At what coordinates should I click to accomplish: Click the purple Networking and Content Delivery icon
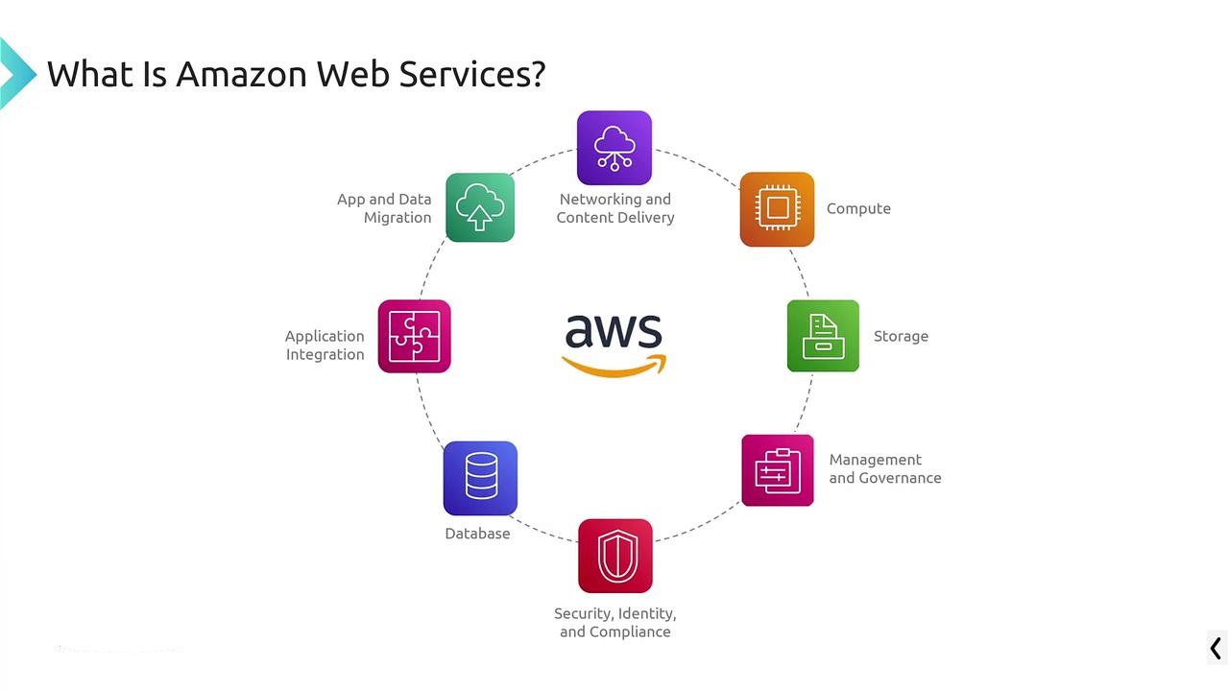tap(614, 148)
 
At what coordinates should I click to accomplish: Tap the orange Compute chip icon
tap(777, 209)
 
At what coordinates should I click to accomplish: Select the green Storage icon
tap(823, 336)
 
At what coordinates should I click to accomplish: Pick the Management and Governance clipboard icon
tap(778, 470)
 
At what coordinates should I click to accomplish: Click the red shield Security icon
tap(615, 556)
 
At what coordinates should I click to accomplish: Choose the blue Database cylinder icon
tap(480, 478)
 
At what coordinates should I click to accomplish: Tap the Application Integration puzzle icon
tap(414, 336)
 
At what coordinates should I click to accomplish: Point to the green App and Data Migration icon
tap(480, 207)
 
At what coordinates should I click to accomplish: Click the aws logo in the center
tap(614, 344)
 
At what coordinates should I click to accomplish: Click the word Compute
tap(858, 209)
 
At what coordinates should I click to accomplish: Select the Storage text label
tap(901, 337)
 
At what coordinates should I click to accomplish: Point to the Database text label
tap(477, 534)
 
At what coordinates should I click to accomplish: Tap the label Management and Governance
tap(884, 469)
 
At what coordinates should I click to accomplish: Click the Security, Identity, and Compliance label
tap(615, 623)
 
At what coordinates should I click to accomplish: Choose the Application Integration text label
tap(325, 345)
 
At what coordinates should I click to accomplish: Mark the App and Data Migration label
tap(384, 208)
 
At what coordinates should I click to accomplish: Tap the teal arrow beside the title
tap(16, 73)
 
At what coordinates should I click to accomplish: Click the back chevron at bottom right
tap(1216, 649)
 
